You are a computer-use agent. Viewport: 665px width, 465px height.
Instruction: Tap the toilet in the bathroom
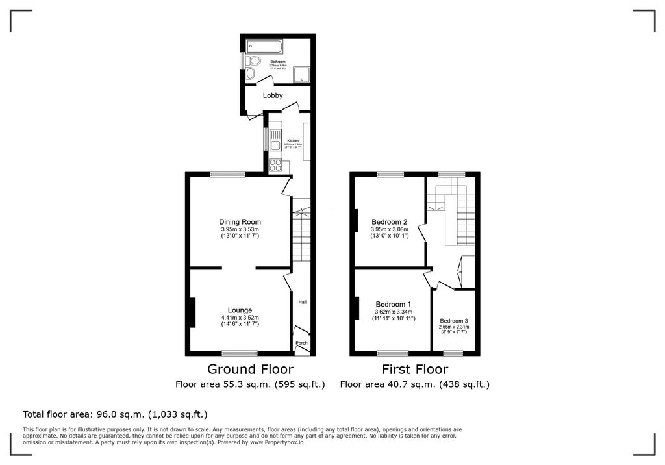pos(253,62)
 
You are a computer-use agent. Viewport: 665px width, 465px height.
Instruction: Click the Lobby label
pos(273,95)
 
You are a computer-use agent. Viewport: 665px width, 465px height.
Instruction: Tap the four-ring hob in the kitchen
pos(275,165)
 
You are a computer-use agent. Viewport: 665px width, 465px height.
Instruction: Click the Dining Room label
pos(240,222)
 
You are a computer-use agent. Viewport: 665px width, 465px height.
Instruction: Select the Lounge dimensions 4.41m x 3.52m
pos(240,318)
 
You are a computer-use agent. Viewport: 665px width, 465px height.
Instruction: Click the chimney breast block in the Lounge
pos(192,312)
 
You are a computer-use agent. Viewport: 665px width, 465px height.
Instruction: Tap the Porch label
pos(301,343)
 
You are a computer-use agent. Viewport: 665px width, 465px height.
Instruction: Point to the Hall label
pos(302,302)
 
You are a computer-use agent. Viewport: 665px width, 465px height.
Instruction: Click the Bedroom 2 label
pos(390,221)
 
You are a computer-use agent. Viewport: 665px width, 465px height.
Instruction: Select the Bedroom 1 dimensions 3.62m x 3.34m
pos(394,311)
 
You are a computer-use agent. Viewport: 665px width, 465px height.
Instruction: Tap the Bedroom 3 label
pos(453,321)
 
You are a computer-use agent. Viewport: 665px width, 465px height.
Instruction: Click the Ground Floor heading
pos(250,369)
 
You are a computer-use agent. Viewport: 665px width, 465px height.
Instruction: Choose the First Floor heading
pos(415,369)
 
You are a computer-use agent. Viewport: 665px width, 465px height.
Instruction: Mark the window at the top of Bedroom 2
pos(390,174)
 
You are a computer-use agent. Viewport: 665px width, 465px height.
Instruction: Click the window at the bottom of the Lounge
pos(240,353)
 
